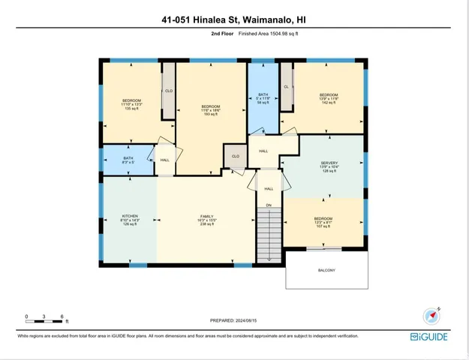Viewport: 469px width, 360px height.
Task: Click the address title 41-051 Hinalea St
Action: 234,20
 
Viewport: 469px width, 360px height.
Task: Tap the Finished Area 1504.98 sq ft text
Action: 268,34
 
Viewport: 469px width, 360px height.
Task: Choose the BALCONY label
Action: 326,270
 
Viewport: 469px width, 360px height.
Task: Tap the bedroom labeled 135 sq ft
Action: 132,104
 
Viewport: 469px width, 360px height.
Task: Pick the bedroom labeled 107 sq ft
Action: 323,222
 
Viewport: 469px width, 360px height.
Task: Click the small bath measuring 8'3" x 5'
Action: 128,160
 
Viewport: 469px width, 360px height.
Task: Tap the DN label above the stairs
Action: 268,205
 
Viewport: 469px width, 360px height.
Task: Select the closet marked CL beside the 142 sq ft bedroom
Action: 286,87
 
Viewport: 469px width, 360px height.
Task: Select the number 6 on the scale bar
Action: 62,316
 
